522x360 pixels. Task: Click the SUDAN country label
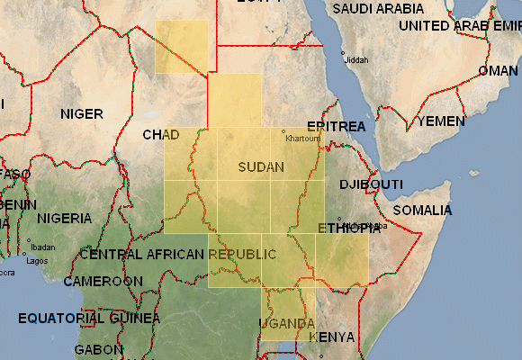(x=261, y=167)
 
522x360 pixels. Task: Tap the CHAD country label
(x=161, y=135)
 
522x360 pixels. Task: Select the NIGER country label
(x=81, y=114)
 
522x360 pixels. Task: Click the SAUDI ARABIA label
(x=377, y=8)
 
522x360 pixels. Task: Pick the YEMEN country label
(x=441, y=121)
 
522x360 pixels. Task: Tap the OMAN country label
(x=498, y=70)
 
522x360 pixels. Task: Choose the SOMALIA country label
(x=422, y=210)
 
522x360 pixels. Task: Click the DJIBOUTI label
(x=371, y=184)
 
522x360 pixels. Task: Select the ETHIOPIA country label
(x=343, y=229)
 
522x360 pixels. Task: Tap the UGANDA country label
(x=287, y=323)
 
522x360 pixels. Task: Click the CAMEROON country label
(x=103, y=282)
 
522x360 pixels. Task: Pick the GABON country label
(x=98, y=349)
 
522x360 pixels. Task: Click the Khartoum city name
(x=302, y=139)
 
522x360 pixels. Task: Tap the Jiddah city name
(x=357, y=60)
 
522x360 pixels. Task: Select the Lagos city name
(x=37, y=261)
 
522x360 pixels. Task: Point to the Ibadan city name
(x=42, y=247)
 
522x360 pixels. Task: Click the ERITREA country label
(x=336, y=126)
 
